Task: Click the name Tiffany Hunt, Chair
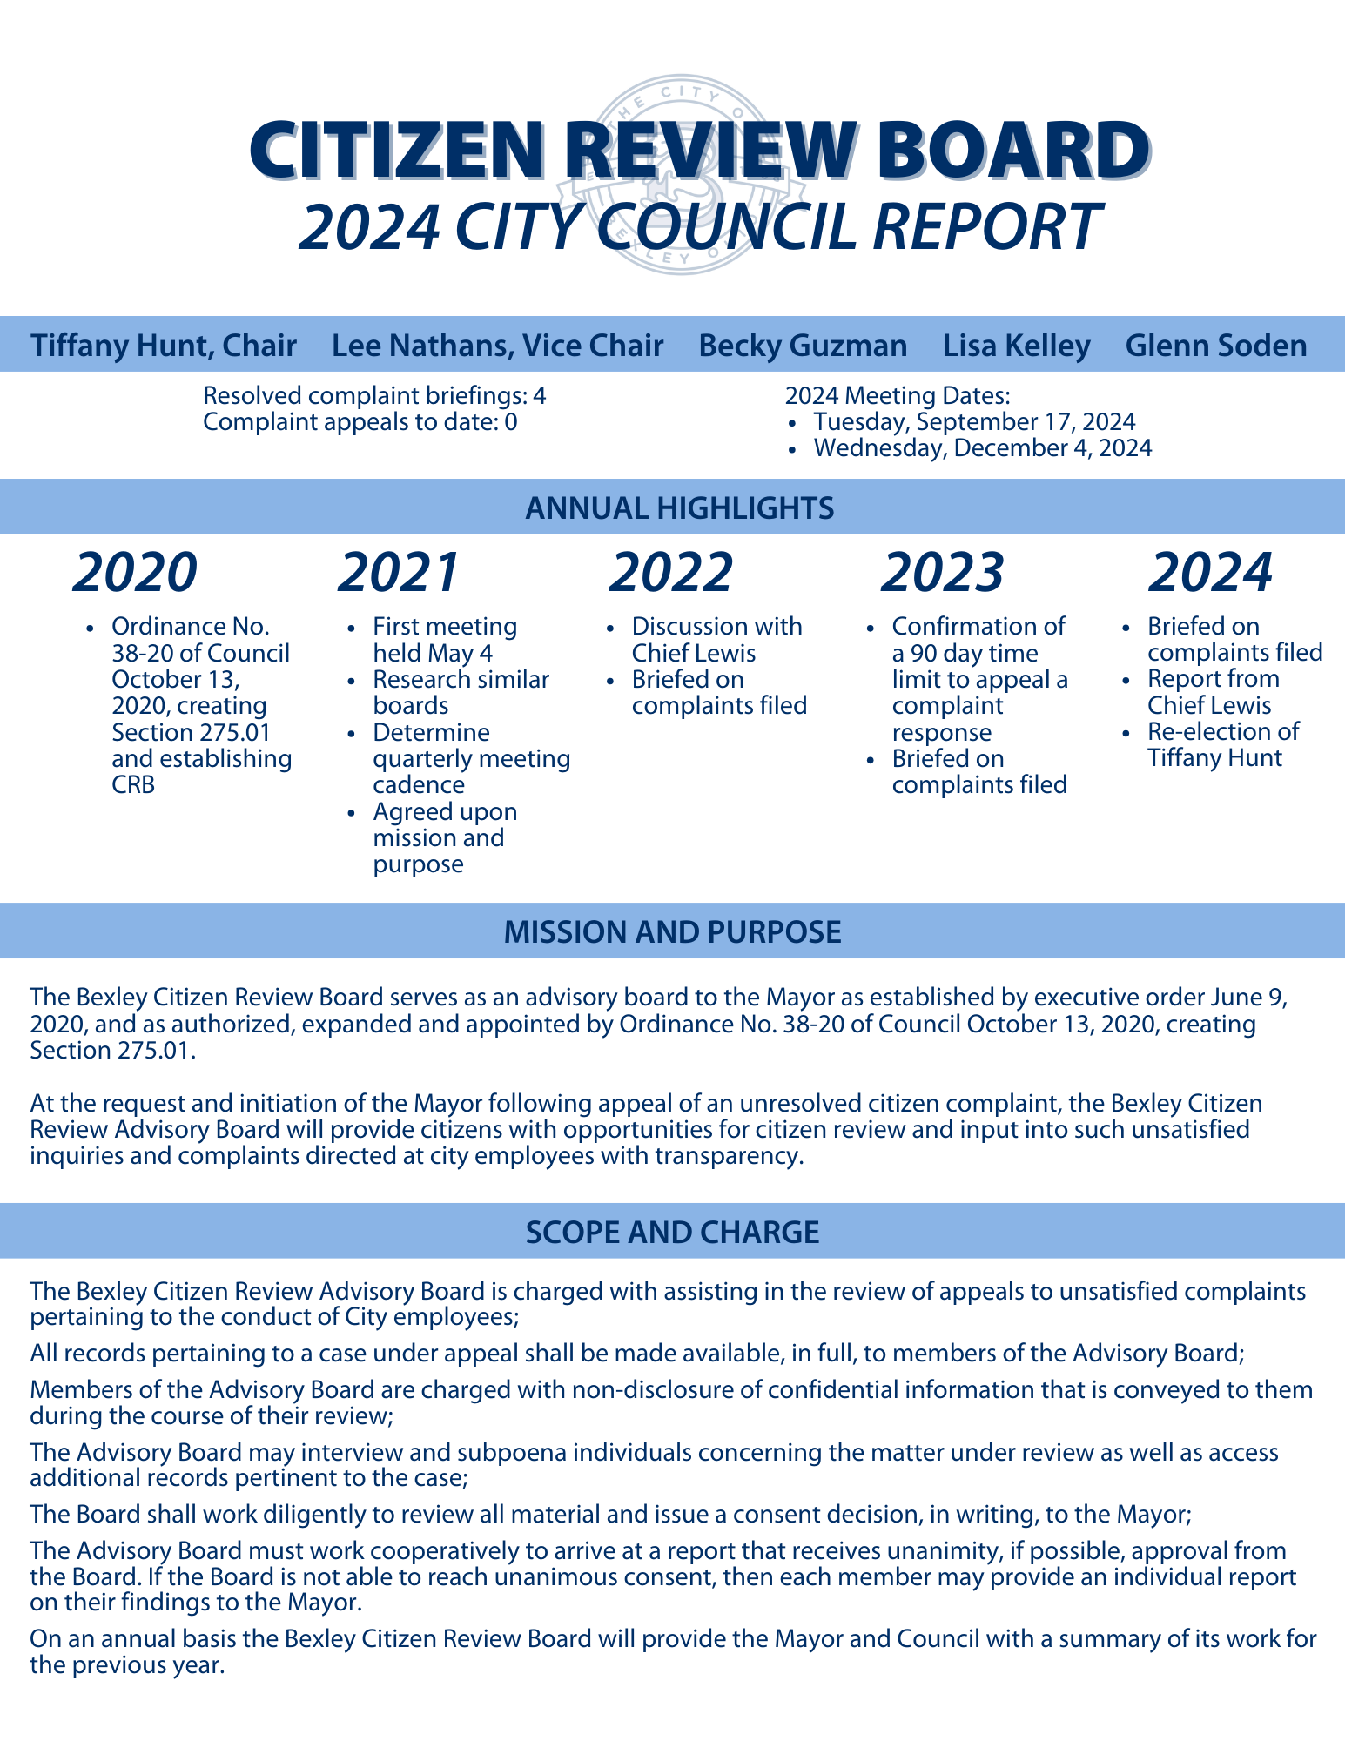click(x=164, y=346)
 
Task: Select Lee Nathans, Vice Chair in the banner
click(x=497, y=346)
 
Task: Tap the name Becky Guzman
click(x=803, y=346)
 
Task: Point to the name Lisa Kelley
click(x=1016, y=346)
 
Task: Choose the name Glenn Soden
click(x=1215, y=346)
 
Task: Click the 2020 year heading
click(x=136, y=573)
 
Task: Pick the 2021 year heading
click(x=399, y=573)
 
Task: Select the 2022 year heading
click(x=671, y=573)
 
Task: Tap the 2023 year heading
click(x=942, y=573)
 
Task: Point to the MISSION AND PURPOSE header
click(x=672, y=931)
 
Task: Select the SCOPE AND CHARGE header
click(x=672, y=1232)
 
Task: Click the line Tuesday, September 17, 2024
click(x=974, y=422)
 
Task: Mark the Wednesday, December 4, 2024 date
click(x=982, y=448)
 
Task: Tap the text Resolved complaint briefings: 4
click(x=374, y=396)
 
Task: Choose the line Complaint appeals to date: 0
click(x=360, y=422)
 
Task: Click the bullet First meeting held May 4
click(x=444, y=640)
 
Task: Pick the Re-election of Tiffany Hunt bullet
click(x=1222, y=744)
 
